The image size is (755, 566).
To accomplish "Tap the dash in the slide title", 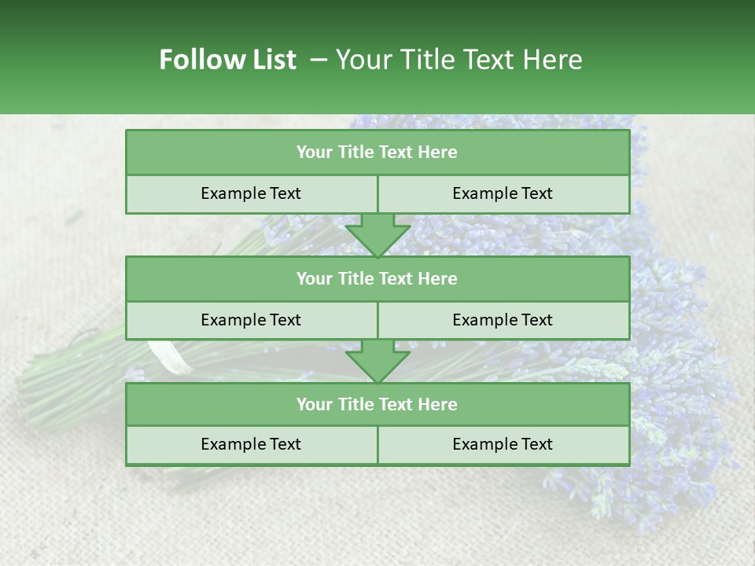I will tap(319, 60).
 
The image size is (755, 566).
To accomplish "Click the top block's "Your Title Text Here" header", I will tap(377, 153).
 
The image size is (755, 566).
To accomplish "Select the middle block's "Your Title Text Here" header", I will tap(377, 278).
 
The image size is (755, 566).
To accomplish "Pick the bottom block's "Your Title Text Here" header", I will tap(377, 404).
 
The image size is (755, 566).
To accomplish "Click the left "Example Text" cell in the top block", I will tap(251, 193).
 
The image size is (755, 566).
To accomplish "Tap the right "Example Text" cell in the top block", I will tap(503, 193).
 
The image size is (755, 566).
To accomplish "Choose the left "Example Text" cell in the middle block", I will tap(251, 320).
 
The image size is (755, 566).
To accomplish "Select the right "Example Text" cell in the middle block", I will tap(503, 320).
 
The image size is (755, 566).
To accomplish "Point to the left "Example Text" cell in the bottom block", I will tap(251, 444).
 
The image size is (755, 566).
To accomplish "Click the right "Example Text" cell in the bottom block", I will tap(503, 444).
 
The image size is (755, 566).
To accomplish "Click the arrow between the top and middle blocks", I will tap(377, 234).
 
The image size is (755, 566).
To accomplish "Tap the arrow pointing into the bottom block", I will tap(377, 361).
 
